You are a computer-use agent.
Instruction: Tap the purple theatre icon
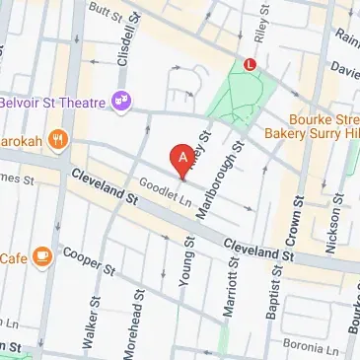pos(123,99)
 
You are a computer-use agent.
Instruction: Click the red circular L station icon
pos(250,64)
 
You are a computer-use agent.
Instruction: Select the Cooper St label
pos(83,260)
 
